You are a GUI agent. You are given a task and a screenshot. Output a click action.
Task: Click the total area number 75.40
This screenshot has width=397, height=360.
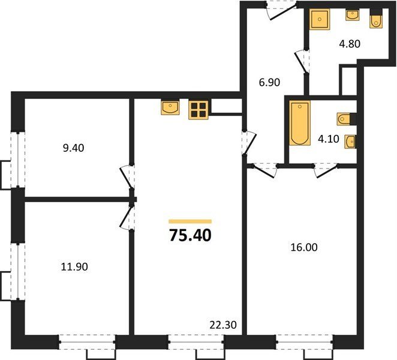coord(190,235)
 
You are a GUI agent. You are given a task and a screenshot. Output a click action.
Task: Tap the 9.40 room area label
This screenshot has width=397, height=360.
coord(73,148)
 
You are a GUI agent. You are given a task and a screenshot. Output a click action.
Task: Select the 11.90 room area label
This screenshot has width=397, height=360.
coord(74,266)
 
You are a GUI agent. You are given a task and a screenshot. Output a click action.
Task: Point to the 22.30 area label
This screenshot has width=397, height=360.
coord(223,325)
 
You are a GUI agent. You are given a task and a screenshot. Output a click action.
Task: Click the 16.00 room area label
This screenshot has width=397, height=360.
coord(304,247)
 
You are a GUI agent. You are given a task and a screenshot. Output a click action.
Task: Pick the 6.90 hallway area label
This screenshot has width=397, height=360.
coord(269,82)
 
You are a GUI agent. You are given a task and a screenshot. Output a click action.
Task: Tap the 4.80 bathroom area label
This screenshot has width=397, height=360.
coord(350,44)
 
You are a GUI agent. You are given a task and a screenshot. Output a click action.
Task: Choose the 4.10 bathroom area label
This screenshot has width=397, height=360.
coord(329,139)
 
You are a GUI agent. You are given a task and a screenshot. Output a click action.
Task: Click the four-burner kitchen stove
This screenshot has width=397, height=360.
coord(198,110)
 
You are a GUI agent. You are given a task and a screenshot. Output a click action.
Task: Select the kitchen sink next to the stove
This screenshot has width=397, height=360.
coord(170,107)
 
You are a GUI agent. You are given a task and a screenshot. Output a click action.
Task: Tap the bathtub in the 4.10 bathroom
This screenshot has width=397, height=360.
coord(300,123)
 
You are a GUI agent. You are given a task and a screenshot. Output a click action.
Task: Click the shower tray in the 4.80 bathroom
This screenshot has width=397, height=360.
coord(320,19)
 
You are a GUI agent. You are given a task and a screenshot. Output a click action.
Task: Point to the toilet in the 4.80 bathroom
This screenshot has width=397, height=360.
coord(376,21)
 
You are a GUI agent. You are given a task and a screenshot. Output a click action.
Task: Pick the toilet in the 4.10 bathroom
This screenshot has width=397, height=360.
coord(344,119)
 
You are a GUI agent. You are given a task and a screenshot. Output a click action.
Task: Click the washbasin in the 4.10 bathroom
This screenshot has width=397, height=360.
coord(350,142)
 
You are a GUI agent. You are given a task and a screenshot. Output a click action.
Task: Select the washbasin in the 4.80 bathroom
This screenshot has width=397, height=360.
coord(353,15)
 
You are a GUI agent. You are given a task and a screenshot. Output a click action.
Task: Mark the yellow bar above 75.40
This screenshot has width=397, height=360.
coord(190,221)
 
